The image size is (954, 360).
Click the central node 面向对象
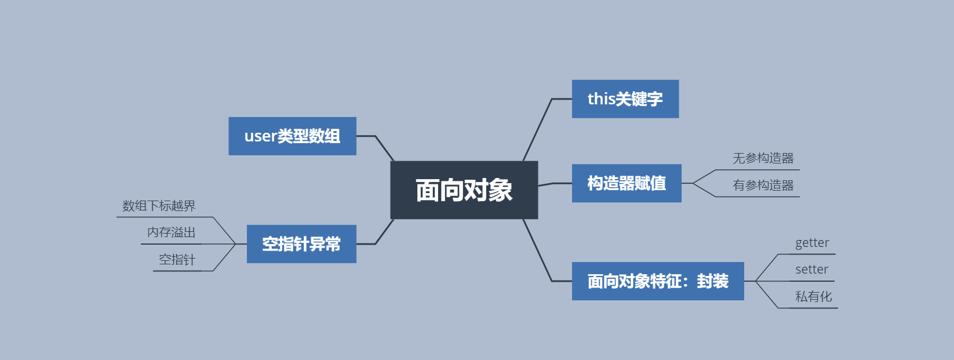(464, 190)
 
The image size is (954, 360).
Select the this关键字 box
(625, 99)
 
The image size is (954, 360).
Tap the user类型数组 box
(292, 136)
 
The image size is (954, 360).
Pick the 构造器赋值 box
(626, 183)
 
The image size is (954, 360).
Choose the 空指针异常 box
(301, 244)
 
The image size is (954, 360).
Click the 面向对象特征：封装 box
(657, 281)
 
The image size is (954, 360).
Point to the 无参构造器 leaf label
(763, 158)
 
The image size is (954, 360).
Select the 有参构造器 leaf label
(763, 186)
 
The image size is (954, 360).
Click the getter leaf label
(812, 243)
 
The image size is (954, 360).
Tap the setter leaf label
(811, 270)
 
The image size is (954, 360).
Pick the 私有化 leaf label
(813, 297)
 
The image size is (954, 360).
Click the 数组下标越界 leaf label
(159, 206)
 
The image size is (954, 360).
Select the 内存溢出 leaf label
(171, 232)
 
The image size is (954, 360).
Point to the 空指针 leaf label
(177, 260)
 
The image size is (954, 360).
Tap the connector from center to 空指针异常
(384, 233)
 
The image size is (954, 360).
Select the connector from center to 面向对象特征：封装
(538, 250)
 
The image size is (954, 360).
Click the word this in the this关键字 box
(601, 99)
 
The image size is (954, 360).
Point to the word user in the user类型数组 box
(260, 136)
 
